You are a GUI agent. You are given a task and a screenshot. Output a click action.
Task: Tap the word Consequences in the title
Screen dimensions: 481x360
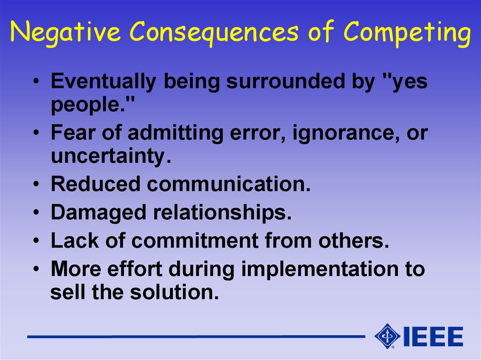pos(214,32)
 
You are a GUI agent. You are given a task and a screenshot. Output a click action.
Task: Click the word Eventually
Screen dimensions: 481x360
pos(103,82)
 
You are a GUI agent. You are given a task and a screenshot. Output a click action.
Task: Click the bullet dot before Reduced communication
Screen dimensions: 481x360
pos(37,184)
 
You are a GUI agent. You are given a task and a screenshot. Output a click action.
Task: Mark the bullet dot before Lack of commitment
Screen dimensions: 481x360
pos(37,241)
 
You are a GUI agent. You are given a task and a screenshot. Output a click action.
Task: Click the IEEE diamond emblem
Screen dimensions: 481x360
pos(387,336)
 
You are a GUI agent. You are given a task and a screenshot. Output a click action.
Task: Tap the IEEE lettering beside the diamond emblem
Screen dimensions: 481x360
pos(433,337)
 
